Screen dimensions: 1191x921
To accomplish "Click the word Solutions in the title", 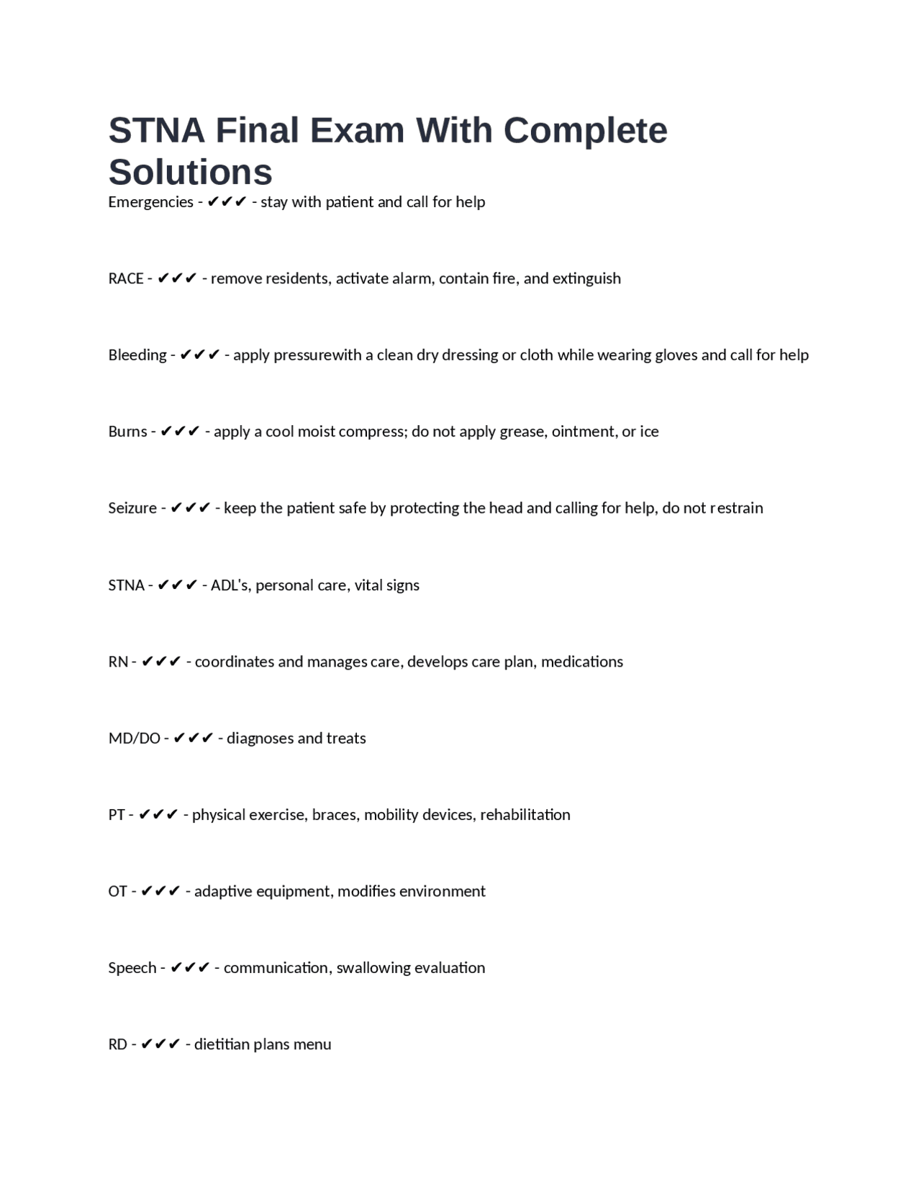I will pyautogui.click(x=191, y=172).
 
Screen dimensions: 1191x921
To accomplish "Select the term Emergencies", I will pyautogui.click(x=150, y=202).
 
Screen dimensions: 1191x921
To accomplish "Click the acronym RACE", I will pyautogui.click(x=126, y=278).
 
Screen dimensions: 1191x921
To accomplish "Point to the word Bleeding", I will pyautogui.click(x=137, y=355).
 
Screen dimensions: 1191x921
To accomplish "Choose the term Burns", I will pyautogui.click(x=127, y=432).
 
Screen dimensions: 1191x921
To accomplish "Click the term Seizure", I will pyautogui.click(x=132, y=508).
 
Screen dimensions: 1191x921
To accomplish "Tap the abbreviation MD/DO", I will pyautogui.click(x=134, y=739).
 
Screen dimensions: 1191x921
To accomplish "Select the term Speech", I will pyautogui.click(x=132, y=968).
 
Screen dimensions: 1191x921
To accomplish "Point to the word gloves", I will pyautogui.click(x=673, y=355).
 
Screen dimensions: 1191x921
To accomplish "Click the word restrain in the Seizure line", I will pyautogui.click(x=736, y=508).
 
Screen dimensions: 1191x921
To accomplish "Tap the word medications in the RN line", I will pyautogui.click(x=582, y=662).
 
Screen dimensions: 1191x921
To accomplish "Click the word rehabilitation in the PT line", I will pyautogui.click(x=525, y=815).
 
